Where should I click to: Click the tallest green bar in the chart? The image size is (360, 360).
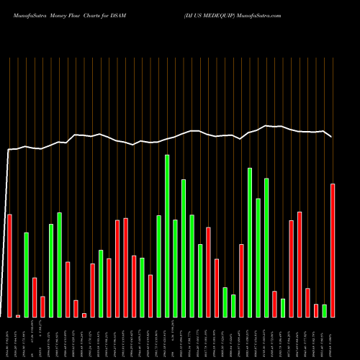coord(167,235)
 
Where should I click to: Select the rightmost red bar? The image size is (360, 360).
coord(333,250)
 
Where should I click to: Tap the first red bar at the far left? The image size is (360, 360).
coord(9,265)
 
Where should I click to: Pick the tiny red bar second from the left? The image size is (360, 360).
coord(18,315)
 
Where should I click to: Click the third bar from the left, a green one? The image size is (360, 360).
coord(26,274)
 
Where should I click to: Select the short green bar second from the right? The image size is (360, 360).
coord(324,310)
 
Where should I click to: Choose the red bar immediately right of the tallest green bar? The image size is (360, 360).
coord(176,268)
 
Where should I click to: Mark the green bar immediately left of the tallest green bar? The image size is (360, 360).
coord(159,266)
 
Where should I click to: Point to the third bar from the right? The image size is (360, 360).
coord(316,310)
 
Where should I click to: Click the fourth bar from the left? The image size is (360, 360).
coord(35,297)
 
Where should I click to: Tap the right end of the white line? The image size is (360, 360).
coord(332,136)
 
